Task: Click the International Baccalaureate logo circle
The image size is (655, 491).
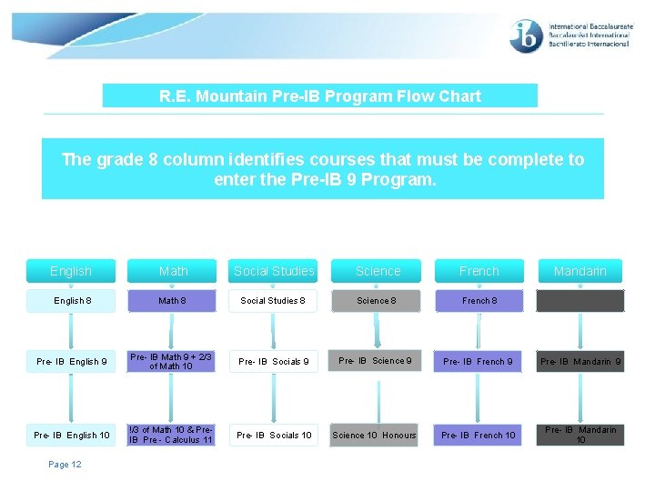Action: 527,36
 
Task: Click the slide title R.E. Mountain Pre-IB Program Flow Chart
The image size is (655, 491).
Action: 319,95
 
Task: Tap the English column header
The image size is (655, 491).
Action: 71,271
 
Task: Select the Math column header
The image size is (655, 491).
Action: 173,271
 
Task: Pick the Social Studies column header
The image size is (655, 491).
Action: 274,271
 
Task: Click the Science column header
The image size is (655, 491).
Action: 378,271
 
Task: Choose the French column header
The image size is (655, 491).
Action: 479,271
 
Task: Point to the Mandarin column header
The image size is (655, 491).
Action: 580,271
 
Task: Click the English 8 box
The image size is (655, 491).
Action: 71,301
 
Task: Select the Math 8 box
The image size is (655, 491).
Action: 173,301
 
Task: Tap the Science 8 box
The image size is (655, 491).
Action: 376,301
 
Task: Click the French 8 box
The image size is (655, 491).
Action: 479,301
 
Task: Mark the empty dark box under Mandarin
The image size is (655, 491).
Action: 580,301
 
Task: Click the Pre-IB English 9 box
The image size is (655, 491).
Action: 71,362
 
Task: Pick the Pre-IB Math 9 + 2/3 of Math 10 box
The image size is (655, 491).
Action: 172,362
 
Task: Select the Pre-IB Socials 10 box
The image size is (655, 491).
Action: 274,435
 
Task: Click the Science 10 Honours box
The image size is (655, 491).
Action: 374,435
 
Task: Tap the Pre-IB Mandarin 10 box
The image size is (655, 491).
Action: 580,435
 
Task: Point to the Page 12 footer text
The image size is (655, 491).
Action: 65,465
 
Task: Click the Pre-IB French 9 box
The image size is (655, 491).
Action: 478,362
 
